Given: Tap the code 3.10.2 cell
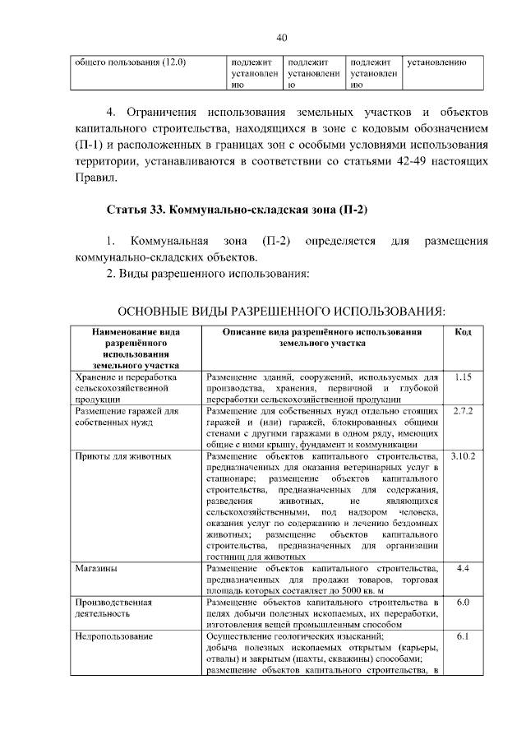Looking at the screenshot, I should [x=463, y=455].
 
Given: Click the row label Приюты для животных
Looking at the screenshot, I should [x=122, y=455].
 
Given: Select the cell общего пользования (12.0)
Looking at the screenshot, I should [x=131, y=62].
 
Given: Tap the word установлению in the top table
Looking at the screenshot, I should [x=437, y=62].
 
